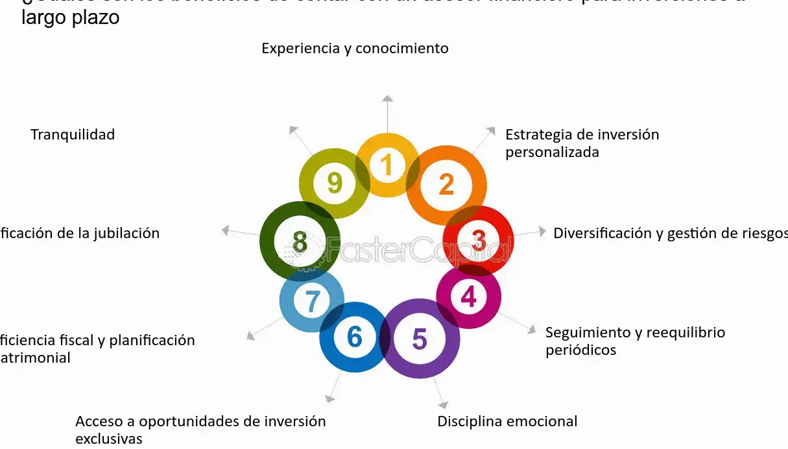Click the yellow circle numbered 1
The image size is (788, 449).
point(387,165)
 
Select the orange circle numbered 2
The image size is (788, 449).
point(446,185)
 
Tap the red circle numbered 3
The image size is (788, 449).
point(479,241)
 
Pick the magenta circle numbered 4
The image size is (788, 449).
point(468,297)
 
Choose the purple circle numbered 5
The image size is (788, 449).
point(420,338)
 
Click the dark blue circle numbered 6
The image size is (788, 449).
point(354,337)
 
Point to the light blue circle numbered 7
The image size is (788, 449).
point(312,301)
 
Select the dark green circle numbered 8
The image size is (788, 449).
point(300,241)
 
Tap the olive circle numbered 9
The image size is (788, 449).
point(334,183)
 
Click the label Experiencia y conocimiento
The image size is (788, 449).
point(355,48)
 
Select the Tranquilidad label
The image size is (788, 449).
point(73,134)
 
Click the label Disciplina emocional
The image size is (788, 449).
point(507,421)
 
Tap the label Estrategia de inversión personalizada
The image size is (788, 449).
point(582,143)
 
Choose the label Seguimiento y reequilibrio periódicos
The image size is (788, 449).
point(634,341)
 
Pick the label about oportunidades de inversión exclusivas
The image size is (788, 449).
point(200,429)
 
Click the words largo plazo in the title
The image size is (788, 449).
point(70,18)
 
